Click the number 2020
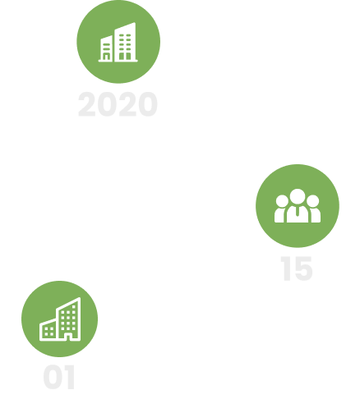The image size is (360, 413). click(x=118, y=104)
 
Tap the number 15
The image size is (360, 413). click(x=297, y=268)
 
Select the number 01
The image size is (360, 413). click(x=59, y=377)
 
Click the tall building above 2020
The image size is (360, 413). click(x=125, y=42)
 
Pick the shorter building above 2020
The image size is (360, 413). click(x=106, y=48)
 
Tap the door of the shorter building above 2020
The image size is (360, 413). click(x=106, y=57)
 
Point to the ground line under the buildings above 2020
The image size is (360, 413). click(x=118, y=61)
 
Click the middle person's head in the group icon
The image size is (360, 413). click(x=298, y=197)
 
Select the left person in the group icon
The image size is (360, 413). click(x=280, y=209)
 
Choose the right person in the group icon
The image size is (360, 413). click(x=314, y=209)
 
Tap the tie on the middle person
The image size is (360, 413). click(x=298, y=212)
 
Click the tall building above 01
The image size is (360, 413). click(x=68, y=319)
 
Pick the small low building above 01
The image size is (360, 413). click(x=48, y=330)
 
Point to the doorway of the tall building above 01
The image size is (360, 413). click(x=68, y=337)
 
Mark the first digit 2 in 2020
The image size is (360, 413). click(x=87, y=104)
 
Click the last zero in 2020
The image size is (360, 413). click(x=148, y=104)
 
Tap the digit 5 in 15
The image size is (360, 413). click(x=302, y=269)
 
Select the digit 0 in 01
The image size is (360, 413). click(x=53, y=377)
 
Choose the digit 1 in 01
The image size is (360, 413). click(x=71, y=377)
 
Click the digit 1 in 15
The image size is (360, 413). click(x=286, y=268)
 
